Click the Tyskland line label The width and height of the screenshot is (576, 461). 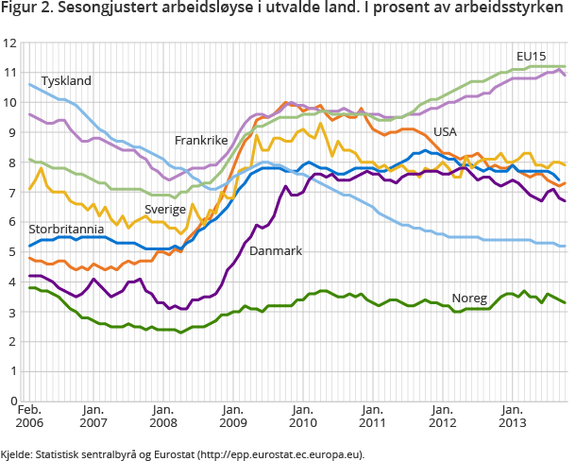65,81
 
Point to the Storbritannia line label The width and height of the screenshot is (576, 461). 66,230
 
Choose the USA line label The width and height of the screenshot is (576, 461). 446,131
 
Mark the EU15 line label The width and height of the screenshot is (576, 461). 532,55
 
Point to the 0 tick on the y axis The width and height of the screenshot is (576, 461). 13,401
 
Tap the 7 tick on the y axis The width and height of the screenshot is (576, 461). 13,193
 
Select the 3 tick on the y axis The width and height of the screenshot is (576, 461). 13,312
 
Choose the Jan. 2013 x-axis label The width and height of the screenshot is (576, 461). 511,417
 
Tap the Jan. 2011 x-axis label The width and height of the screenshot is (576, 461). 371,417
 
